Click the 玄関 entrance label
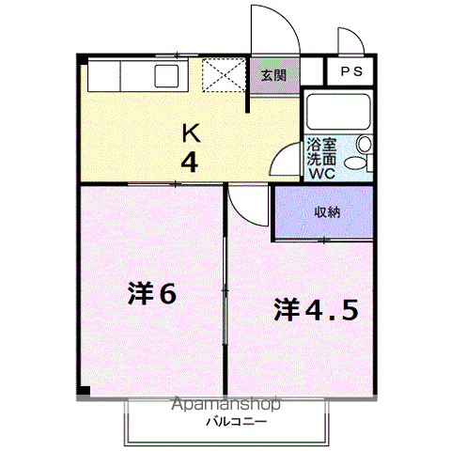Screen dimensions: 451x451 click(273, 75)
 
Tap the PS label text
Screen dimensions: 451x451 click(351, 71)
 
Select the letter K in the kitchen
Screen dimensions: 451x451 click(191, 133)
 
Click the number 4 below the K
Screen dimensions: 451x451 click(190, 163)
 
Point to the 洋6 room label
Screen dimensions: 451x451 click(152, 293)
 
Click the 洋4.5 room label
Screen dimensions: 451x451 click(316, 310)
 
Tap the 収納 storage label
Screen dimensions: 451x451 click(327, 212)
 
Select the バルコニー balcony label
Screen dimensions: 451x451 click(236, 422)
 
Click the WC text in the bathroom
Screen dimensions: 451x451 click(322, 173)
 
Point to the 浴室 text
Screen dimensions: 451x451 click(321, 145)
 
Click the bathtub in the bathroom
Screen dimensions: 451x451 click(338, 112)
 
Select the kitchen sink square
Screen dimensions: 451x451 click(167, 76)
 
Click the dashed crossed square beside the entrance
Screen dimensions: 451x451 click(224, 75)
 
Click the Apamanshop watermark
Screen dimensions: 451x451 click(225, 404)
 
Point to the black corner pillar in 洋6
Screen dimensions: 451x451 click(84, 391)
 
